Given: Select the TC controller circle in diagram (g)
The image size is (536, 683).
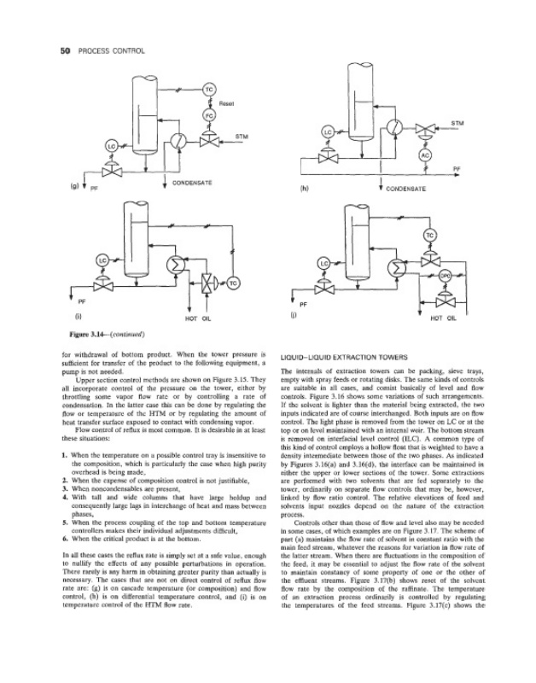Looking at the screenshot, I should tap(208, 88).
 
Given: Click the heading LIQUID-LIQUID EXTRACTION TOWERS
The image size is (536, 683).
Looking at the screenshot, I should tap(340, 357).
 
